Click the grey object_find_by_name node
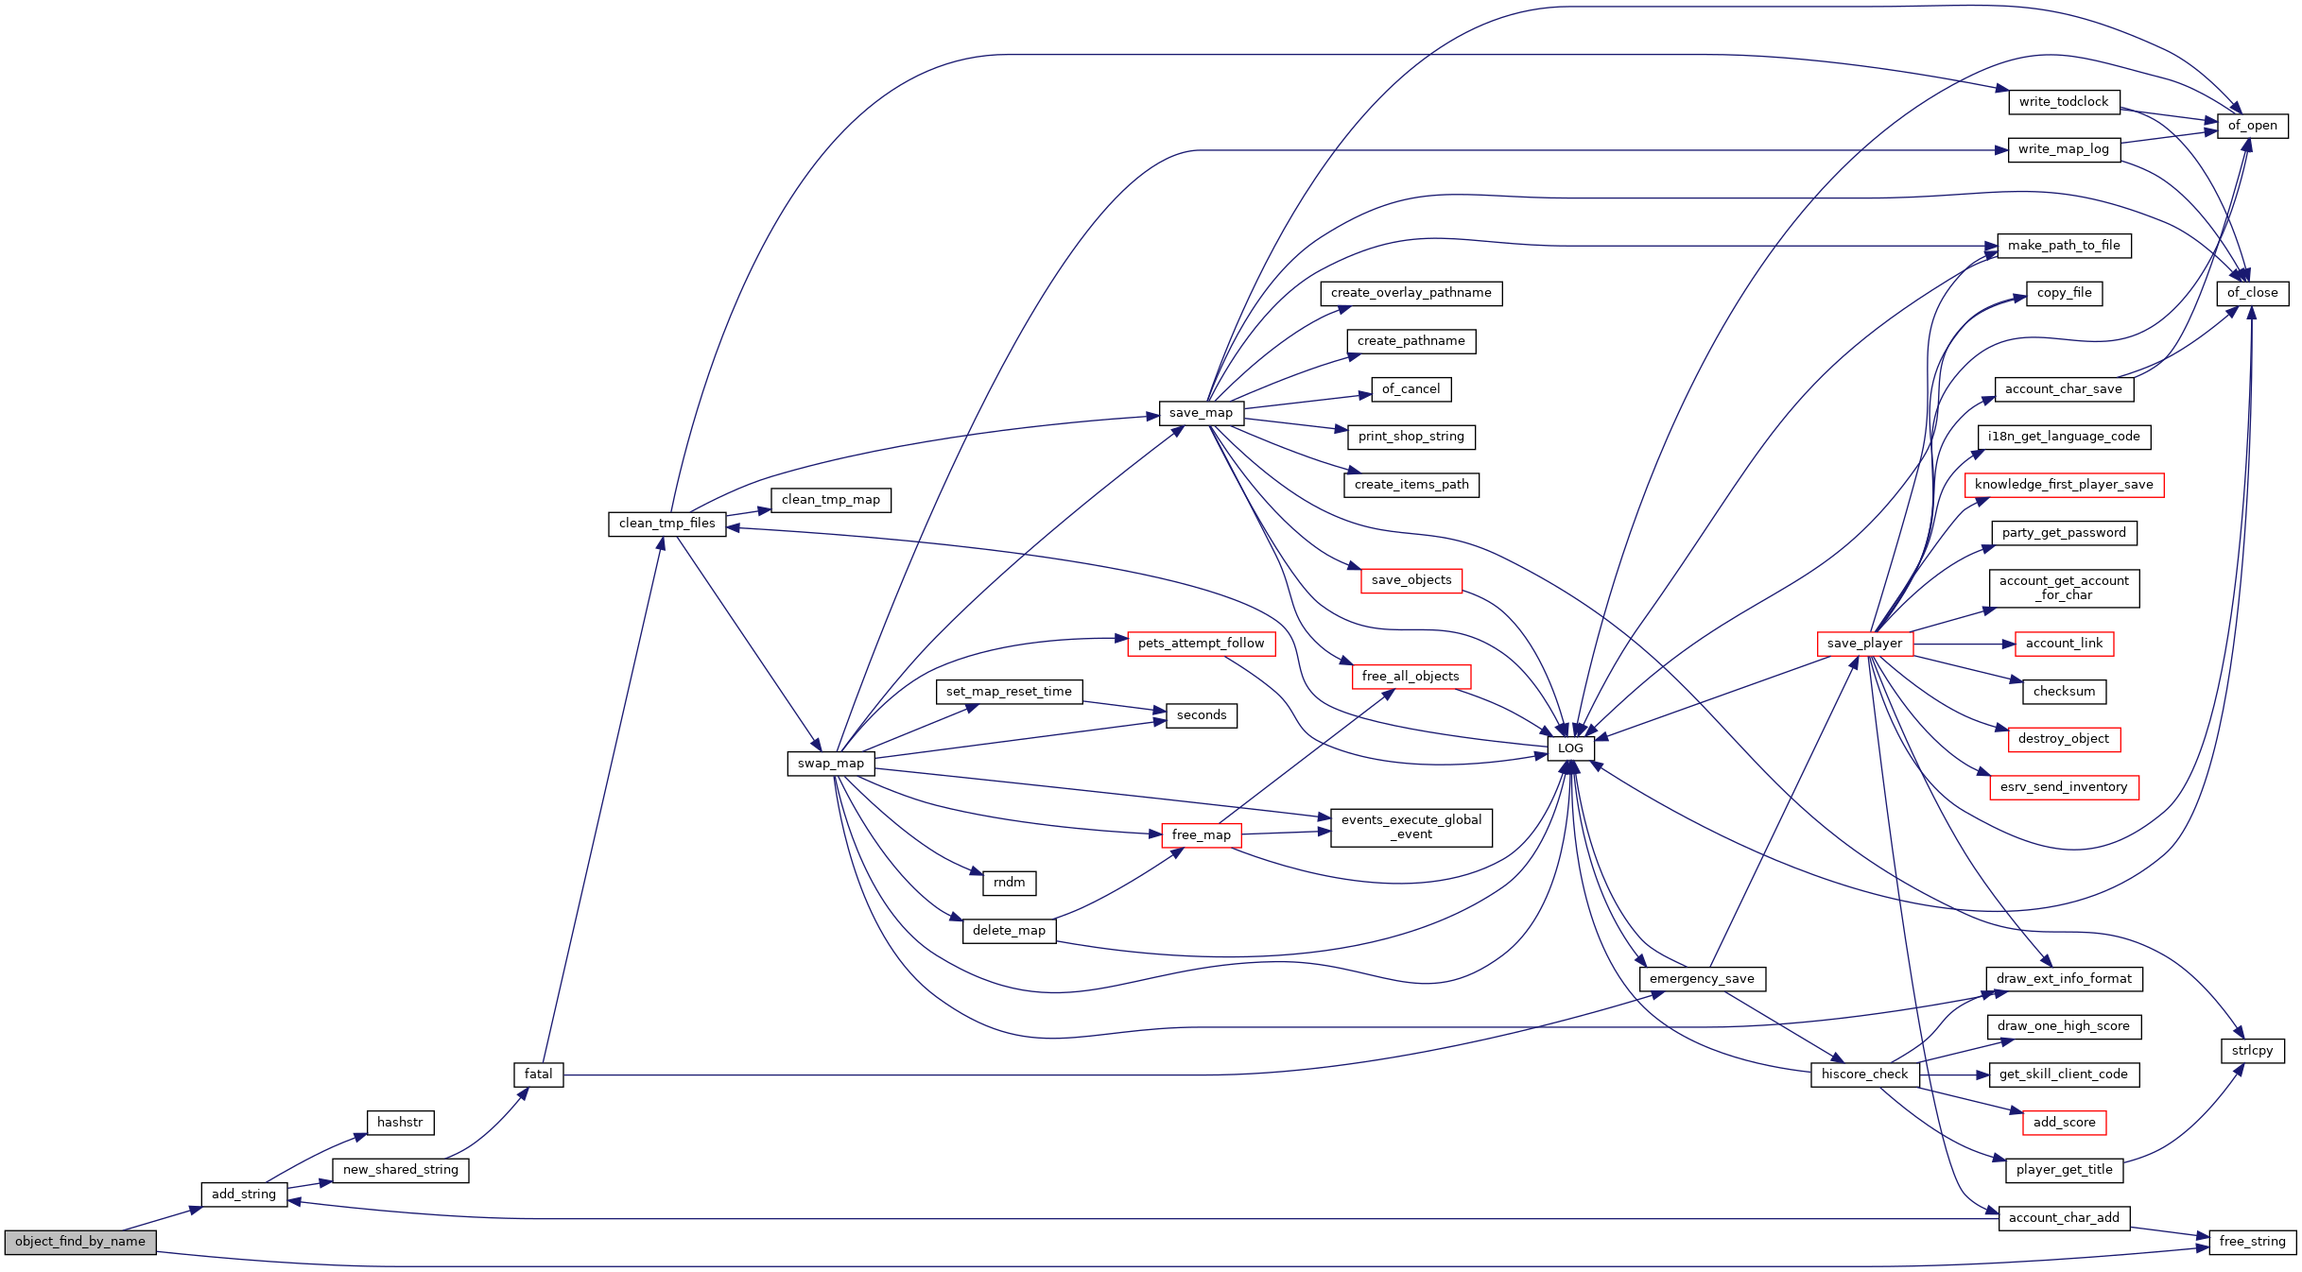coord(80,1242)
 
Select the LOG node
coord(1570,748)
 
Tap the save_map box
coord(1201,413)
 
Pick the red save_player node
coord(1864,644)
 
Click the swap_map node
coord(831,764)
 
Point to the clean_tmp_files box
coord(667,524)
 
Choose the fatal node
coord(539,1074)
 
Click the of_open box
coord(2253,126)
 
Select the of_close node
coord(2253,293)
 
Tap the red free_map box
coord(1201,835)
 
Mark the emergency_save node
coord(1702,979)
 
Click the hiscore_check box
coord(1865,1074)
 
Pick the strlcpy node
coord(2253,1051)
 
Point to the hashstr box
coord(400,1123)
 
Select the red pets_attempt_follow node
coord(1201,644)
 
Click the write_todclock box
coord(2064,102)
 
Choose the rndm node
coord(1010,883)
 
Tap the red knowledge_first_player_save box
coord(2064,485)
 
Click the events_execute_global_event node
coord(1411,828)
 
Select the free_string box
coord(2253,1242)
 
